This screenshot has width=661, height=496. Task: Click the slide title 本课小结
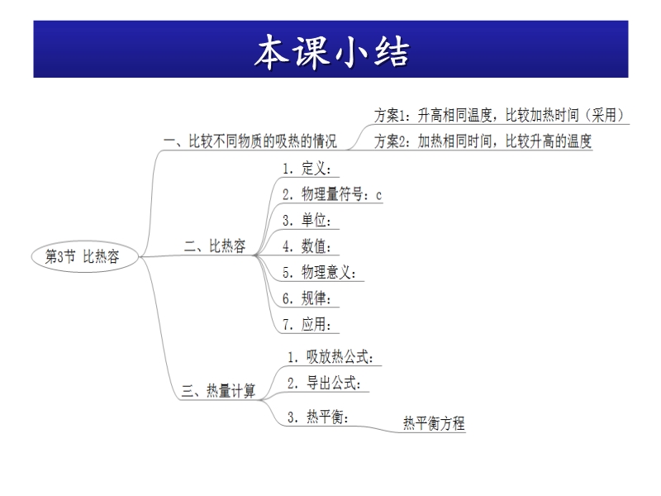[331, 51]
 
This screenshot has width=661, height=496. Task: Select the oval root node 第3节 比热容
[85, 256]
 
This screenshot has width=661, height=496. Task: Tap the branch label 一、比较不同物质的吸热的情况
[250, 141]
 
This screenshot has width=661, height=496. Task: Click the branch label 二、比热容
[215, 246]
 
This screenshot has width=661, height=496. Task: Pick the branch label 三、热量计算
[218, 390]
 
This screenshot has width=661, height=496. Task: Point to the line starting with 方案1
[499, 115]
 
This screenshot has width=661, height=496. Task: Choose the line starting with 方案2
[483, 141]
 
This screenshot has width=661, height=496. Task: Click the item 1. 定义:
[307, 169]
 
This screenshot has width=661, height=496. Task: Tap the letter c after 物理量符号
[378, 195]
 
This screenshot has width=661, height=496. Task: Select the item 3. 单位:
[307, 220]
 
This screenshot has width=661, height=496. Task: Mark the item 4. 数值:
[307, 246]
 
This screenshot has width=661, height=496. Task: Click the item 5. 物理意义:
[319, 273]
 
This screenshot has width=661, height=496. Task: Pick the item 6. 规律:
[307, 298]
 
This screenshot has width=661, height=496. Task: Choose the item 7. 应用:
[307, 325]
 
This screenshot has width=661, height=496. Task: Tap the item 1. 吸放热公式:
[330, 357]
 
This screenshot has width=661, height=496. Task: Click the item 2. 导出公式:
[324, 384]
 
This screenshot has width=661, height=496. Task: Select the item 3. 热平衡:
[318, 417]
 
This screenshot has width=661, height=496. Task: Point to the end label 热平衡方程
[434, 423]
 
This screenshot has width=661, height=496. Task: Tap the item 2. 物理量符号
[323, 194]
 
